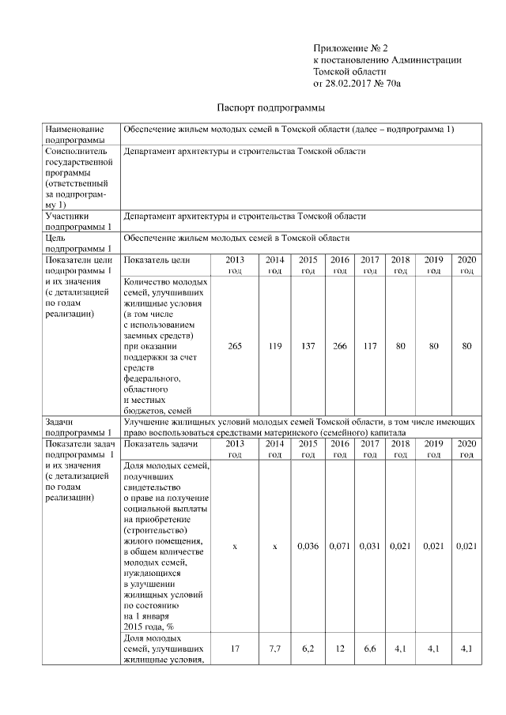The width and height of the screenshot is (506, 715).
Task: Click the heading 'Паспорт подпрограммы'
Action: click(x=271, y=107)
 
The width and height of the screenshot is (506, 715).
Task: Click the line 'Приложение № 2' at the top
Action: click(x=346, y=48)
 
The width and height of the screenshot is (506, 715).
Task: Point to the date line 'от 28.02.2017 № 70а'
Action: click(x=357, y=81)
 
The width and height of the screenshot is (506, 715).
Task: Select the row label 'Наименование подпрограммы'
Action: click(x=75, y=134)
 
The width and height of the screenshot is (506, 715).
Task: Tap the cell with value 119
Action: click(x=274, y=345)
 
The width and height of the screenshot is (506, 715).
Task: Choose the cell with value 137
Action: click(x=308, y=345)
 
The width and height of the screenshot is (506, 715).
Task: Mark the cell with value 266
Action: click(x=340, y=345)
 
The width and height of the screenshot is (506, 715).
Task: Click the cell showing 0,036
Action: click(x=308, y=546)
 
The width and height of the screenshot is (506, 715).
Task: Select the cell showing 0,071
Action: click(x=340, y=546)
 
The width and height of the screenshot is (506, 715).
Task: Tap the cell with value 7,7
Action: click(x=274, y=649)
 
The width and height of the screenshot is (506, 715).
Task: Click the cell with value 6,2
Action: click(x=308, y=649)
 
